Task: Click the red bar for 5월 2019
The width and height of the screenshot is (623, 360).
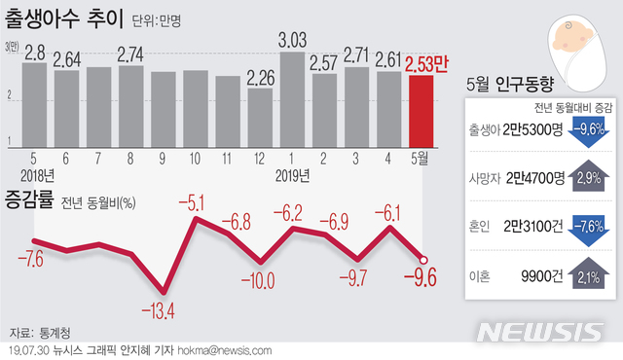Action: (421, 110)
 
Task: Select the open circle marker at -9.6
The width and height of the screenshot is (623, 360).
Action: (422, 258)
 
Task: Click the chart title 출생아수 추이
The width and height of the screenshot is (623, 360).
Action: (71, 17)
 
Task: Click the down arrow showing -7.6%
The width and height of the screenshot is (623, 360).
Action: (585, 226)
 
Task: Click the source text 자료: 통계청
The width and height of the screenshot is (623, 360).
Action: (38, 331)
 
